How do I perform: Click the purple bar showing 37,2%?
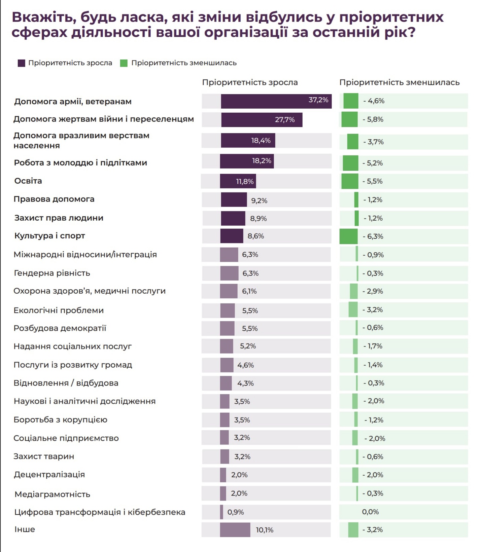pos(276,101)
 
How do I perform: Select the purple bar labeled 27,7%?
pos(262,120)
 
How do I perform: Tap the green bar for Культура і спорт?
pos(349,236)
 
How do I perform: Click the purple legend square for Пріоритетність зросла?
pos(22,63)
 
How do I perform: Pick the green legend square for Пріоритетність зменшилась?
pos(124,63)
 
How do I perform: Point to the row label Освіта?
pos(28,181)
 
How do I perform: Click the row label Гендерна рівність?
pos(52,273)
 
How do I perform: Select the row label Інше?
pos(25,529)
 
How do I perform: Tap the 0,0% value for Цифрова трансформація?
pos(370,512)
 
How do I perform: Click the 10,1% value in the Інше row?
pos(265,530)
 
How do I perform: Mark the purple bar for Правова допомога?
pos(234,200)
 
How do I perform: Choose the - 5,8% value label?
pos(373,119)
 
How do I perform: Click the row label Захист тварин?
pos(44,456)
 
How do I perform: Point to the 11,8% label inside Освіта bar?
pos(245,182)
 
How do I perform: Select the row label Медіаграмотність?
pos(53,494)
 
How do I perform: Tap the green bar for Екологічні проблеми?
pos(353,309)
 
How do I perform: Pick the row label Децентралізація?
pos(49,475)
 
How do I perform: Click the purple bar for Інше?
pos(235,530)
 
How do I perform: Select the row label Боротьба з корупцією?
pos(61,420)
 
